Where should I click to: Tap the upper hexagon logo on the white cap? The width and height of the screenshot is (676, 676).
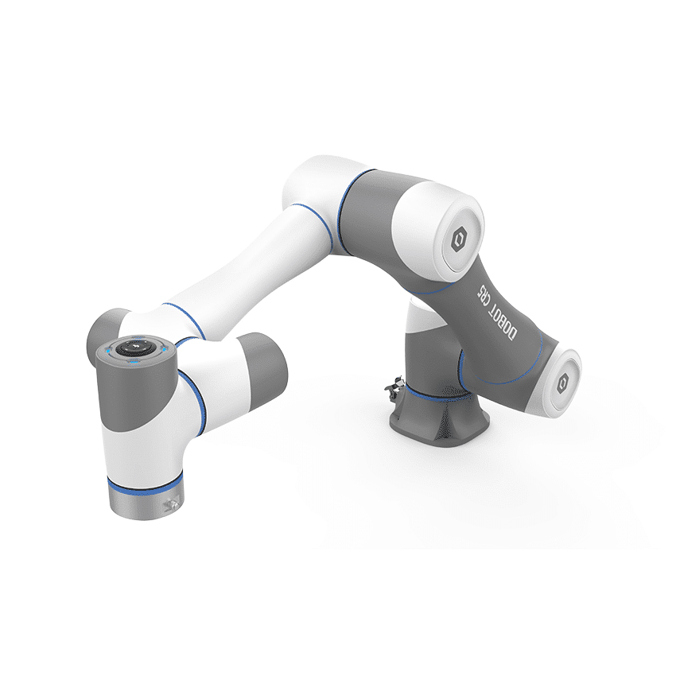tap(457, 240)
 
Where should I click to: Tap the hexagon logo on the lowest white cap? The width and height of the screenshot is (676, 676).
tap(562, 383)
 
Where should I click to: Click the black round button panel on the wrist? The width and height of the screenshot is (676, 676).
tap(137, 347)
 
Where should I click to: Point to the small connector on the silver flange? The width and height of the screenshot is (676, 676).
tap(168, 503)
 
